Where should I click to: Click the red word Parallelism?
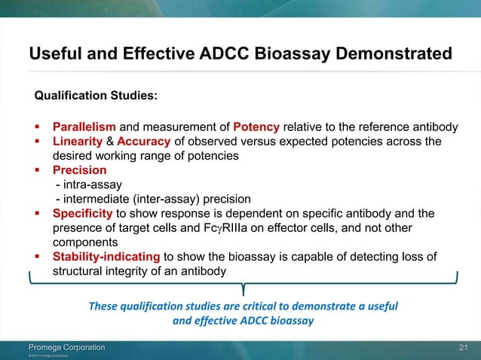coord(84,126)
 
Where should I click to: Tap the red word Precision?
coord(79,170)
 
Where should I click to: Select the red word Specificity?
coord(83,214)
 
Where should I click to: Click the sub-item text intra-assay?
coord(90,185)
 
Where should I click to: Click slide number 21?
coord(464,346)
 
